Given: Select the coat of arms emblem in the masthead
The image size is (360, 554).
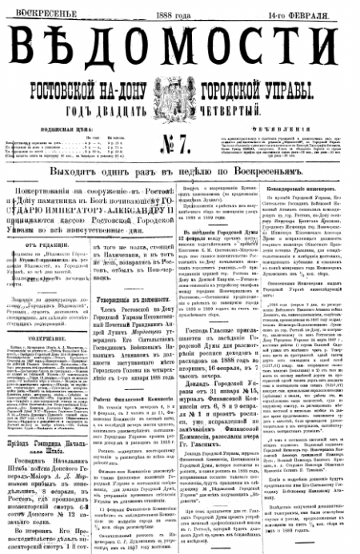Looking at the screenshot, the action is click(x=178, y=93).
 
